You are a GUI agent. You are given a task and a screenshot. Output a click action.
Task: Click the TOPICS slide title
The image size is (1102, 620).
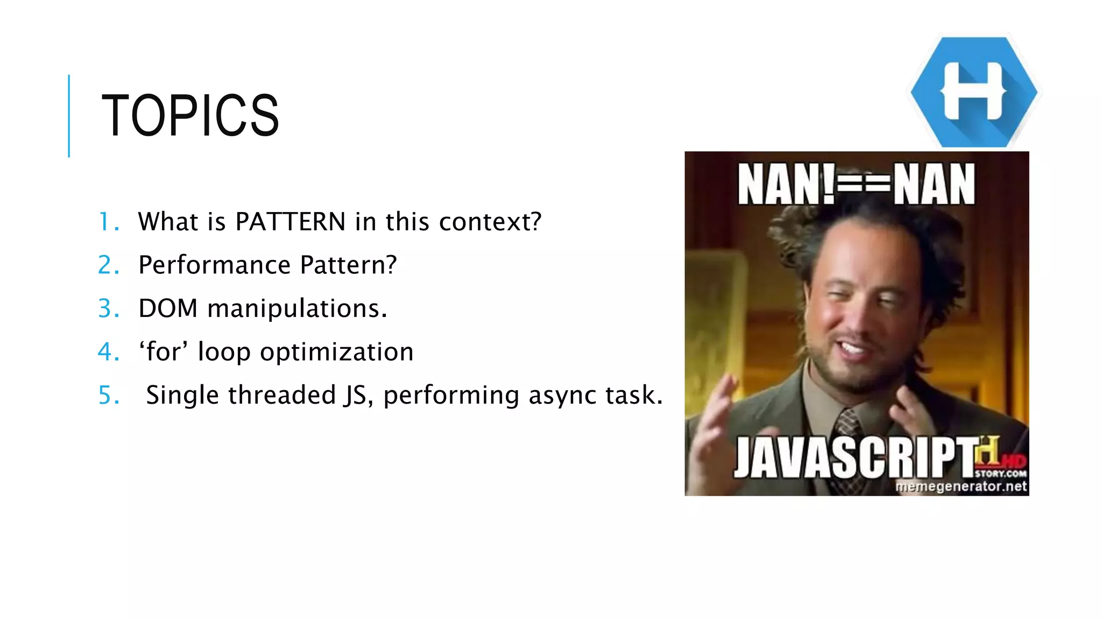coord(190,115)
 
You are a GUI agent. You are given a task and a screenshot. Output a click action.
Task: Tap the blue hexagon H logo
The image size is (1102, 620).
coord(974,91)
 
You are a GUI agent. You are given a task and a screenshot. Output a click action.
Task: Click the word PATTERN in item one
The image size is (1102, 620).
coord(291,222)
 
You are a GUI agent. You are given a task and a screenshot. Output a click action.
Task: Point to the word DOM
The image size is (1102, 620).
coord(168,308)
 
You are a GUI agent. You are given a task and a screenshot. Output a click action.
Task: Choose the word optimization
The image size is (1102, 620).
coord(337,353)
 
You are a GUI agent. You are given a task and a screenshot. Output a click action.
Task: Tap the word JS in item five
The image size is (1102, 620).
coord(355,395)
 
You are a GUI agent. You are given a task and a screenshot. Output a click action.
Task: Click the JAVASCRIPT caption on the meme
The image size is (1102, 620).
coord(856,457)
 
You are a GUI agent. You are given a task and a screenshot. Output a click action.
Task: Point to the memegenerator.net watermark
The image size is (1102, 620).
coord(961,487)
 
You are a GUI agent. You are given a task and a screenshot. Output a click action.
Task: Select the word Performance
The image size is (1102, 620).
coord(215,265)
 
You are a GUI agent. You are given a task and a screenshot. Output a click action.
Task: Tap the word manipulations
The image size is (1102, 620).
coord(297,309)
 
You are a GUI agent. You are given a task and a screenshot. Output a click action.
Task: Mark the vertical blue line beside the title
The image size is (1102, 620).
coord(69,116)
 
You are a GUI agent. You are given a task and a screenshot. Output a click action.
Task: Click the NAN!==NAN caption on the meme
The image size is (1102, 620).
coord(856,185)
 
